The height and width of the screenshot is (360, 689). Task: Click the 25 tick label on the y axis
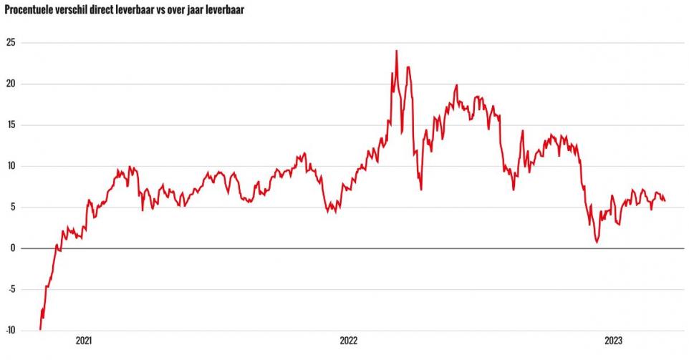coord(11,43)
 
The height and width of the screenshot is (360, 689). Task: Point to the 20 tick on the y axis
coord(11,84)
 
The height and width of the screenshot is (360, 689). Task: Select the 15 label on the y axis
coord(11,125)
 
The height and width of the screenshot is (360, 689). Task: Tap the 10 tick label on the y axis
coord(11,166)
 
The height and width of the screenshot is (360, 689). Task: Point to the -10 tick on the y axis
coord(10,331)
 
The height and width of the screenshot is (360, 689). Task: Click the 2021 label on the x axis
coord(84,341)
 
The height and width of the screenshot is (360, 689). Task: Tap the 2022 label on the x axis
coord(349,341)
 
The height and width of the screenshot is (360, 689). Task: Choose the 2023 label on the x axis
coord(613,341)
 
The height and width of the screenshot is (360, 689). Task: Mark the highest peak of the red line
coord(396,51)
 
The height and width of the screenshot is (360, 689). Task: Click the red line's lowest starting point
coord(40,329)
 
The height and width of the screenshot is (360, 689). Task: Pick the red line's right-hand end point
coord(665,200)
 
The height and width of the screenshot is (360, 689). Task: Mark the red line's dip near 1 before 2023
coord(597,242)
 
